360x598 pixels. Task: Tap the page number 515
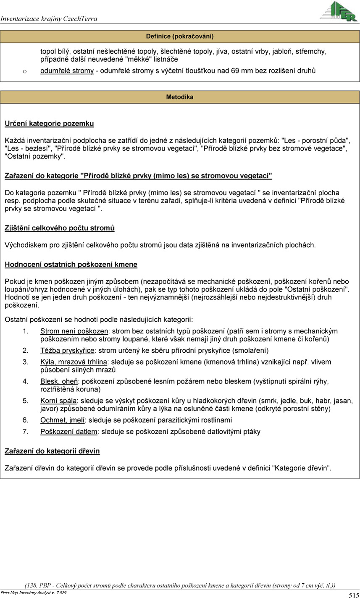(353, 594)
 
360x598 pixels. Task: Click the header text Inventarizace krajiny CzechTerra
(49, 18)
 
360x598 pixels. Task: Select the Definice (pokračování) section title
(180, 36)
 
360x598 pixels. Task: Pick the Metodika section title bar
(180, 97)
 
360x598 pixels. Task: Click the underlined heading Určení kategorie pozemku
(49, 123)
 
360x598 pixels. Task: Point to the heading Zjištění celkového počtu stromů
(59, 228)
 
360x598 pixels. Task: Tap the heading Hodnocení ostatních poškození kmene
(71, 265)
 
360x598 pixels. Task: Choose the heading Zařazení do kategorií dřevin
(52, 451)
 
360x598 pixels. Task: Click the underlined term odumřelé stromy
(67, 71)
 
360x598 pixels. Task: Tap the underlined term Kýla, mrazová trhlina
(74, 362)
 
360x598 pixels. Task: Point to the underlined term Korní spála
(58, 401)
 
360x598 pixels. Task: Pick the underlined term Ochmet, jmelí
(63, 420)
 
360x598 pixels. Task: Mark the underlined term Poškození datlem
(68, 431)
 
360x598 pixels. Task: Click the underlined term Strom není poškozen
(74, 331)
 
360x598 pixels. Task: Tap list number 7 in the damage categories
(26, 431)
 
